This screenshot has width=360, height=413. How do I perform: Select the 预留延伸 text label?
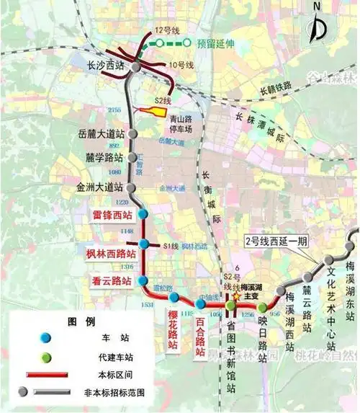tap(217, 43)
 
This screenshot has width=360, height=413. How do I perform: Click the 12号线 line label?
tap(166, 31)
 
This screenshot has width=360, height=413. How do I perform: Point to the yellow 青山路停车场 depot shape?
tap(150, 111)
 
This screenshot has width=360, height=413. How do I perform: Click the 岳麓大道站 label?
tap(102, 133)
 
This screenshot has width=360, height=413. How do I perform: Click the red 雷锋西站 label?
tap(112, 215)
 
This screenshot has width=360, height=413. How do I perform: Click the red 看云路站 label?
tap(111, 281)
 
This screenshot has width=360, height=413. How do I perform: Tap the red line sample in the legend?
tap(46, 375)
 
